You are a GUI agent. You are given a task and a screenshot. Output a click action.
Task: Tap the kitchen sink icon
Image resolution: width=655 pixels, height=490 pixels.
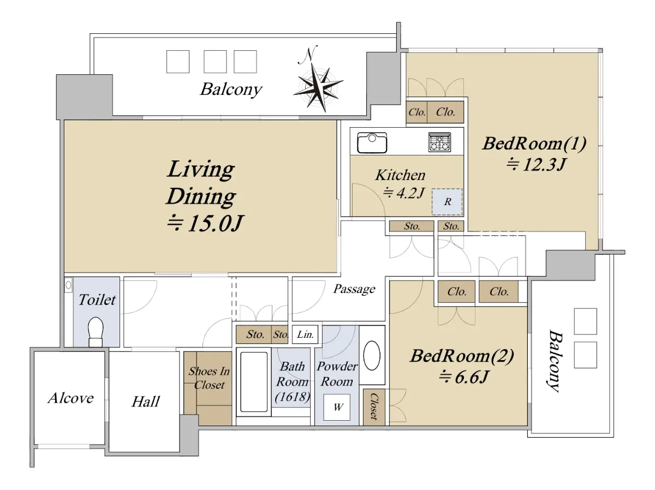372,143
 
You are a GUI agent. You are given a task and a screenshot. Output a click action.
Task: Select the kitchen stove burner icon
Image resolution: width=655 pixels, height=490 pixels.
439,142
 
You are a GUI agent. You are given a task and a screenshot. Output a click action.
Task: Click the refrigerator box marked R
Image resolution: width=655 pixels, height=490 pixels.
447,201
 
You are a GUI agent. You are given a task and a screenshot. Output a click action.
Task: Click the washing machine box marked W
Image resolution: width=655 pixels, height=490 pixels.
337,407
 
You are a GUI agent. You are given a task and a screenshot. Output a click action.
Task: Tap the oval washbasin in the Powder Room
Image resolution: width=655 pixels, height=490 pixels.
372,356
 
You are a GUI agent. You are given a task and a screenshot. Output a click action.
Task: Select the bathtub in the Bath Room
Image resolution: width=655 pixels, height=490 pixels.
254,382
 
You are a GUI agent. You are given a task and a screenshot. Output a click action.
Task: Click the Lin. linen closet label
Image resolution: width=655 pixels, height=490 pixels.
305,334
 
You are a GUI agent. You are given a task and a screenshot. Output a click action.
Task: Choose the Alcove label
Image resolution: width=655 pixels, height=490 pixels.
71,398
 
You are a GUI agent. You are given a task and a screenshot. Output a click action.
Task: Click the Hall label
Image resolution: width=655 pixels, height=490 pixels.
146,402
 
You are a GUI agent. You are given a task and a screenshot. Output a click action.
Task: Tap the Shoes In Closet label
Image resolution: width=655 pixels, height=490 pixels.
209,378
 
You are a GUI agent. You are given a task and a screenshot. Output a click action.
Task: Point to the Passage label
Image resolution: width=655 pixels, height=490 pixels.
354,289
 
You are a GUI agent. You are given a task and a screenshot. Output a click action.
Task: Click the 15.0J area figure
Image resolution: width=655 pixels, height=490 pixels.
205,223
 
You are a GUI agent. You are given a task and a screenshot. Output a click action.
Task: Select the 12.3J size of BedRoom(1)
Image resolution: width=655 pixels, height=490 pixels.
536,164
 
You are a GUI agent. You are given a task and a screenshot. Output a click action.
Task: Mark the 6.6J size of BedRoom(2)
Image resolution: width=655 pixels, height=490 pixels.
464,377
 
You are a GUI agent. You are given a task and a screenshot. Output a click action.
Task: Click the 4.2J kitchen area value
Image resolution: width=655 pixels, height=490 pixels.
403,193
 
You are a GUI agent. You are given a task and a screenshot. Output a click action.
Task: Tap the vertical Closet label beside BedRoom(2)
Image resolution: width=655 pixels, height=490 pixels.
374,407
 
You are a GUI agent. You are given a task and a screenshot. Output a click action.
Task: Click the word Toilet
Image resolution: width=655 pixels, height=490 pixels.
97,300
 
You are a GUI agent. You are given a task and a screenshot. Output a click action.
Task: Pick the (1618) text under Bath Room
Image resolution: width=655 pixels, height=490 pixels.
293,397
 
